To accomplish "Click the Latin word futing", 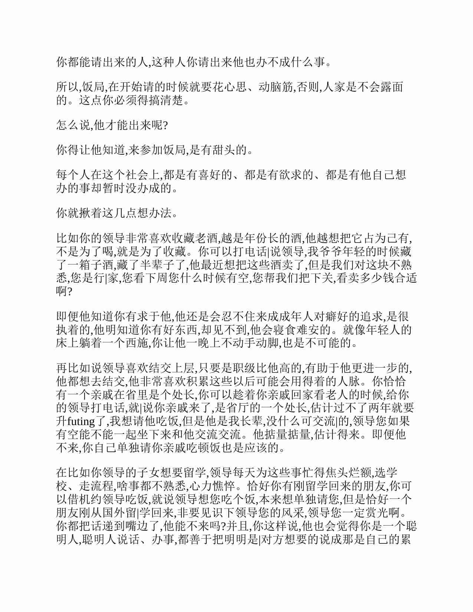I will [x=81, y=422].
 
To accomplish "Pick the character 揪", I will [x=85, y=213].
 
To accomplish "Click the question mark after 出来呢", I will [x=165, y=125].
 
